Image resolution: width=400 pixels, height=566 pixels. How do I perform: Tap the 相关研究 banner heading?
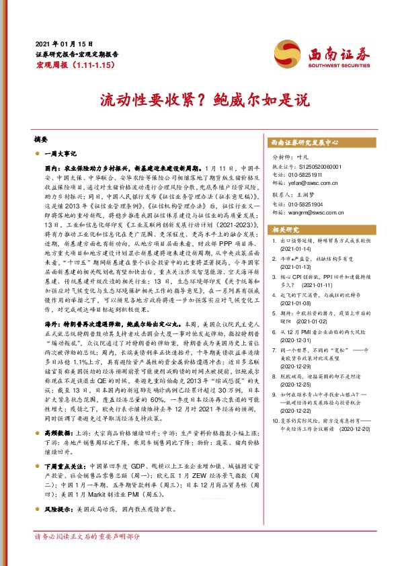click(284, 229)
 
